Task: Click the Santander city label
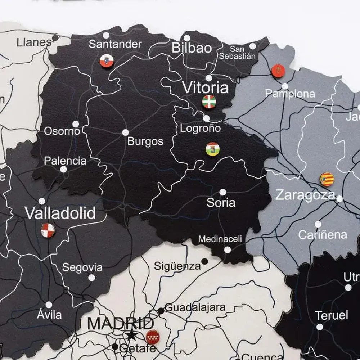[x=115, y=44]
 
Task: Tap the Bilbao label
[x=192, y=48]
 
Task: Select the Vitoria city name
[x=205, y=87]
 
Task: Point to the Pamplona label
[x=290, y=94]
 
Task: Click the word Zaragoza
[x=305, y=195]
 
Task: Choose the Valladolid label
[x=60, y=213]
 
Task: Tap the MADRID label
[x=121, y=323]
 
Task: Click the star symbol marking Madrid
[x=131, y=336]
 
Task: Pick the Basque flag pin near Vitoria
[x=209, y=102]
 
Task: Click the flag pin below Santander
[x=107, y=60]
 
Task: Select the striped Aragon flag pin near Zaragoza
[x=327, y=179]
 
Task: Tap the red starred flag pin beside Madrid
[x=153, y=337]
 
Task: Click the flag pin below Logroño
[x=212, y=149]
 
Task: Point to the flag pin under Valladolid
[x=48, y=230]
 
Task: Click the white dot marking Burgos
[x=125, y=132]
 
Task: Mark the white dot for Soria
[x=223, y=192]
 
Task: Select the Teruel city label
[x=332, y=316]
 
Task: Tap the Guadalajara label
[x=195, y=308]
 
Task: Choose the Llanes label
[x=34, y=42]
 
